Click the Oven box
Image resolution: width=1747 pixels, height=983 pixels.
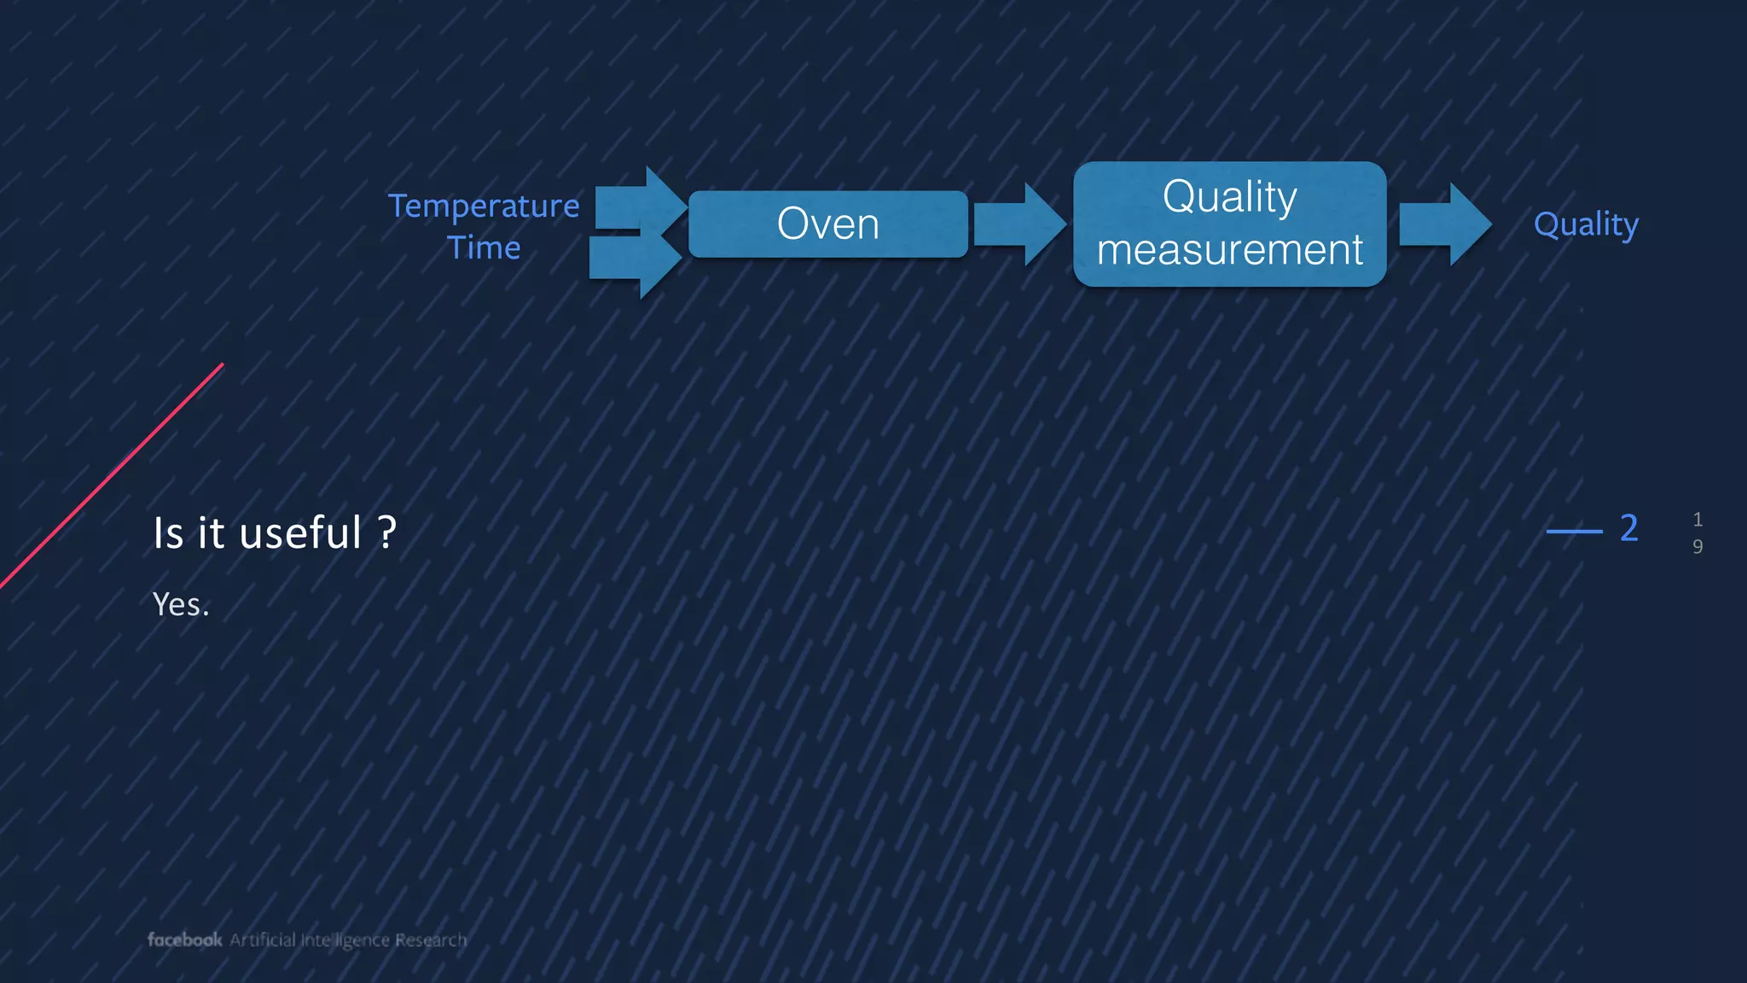827,224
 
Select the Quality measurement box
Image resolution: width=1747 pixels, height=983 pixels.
1229,224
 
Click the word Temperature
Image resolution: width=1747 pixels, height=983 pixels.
484,206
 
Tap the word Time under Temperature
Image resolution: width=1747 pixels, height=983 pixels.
484,248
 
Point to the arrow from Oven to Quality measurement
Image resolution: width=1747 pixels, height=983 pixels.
1019,224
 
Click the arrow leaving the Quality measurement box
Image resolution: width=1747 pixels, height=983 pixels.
1444,224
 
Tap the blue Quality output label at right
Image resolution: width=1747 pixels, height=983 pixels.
1585,224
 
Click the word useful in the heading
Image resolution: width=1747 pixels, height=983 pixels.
300,533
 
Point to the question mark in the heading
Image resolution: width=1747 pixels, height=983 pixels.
387,532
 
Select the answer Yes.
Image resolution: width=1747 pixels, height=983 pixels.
180,604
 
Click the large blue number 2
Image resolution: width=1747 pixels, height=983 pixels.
1628,528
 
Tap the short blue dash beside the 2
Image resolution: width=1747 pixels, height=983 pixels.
1574,531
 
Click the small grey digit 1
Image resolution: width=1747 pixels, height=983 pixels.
1697,519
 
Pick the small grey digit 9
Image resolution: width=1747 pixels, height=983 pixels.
1697,547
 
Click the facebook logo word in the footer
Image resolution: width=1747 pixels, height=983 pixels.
184,939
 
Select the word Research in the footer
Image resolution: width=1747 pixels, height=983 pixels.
431,940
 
